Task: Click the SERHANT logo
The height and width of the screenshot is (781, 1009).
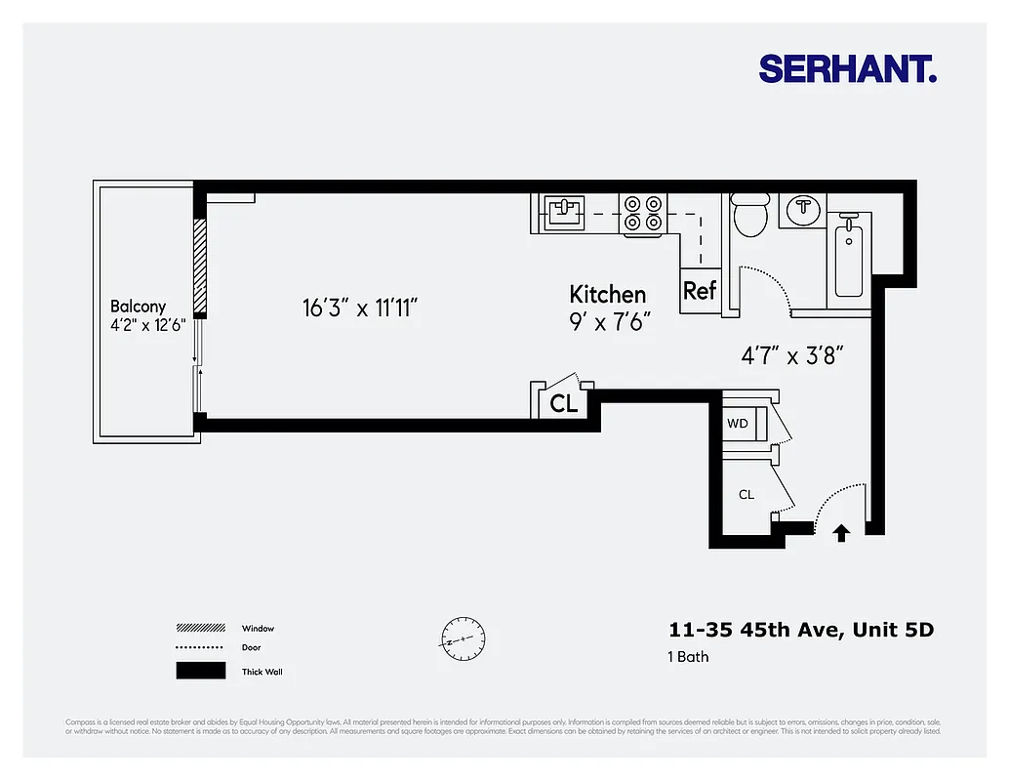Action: click(847, 68)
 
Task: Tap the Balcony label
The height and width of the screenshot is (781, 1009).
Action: click(138, 306)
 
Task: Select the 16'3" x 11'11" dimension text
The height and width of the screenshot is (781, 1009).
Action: click(360, 308)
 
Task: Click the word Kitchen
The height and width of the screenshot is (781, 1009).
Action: click(607, 294)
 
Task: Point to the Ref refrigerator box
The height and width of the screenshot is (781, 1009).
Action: click(700, 290)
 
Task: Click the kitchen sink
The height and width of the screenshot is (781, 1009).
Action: click(563, 210)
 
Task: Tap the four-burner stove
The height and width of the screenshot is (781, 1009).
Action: click(643, 213)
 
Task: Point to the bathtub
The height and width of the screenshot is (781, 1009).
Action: click(849, 256)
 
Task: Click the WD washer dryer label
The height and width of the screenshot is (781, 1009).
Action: click(737, 424)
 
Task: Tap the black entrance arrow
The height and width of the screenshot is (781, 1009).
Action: click(841, 532)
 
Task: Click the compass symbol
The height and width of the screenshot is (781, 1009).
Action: click(462, 639)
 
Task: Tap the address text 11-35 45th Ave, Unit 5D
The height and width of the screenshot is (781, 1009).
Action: click(800, 630)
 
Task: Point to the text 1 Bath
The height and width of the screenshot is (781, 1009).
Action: click(688, 656)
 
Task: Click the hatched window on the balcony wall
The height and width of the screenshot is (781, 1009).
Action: click(199, 266)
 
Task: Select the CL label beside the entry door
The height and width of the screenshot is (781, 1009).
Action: click(746, 494)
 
